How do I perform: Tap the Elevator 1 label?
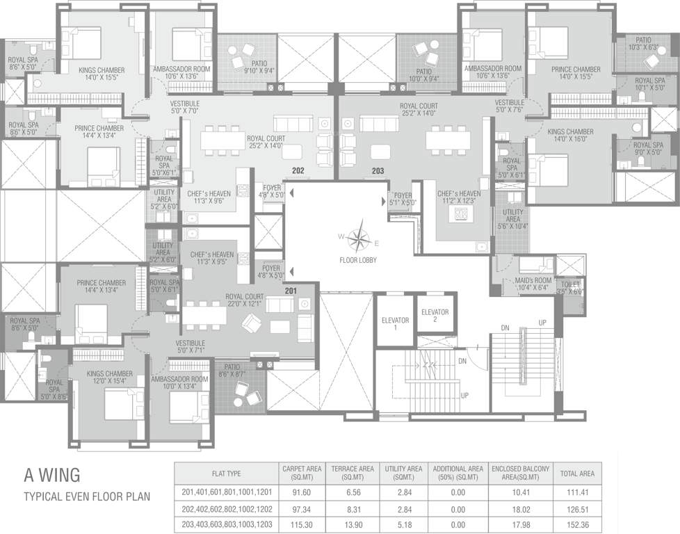(395, 323)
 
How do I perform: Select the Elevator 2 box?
(435, 316)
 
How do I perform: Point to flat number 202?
(298, 170)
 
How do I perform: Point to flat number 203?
(378, 170)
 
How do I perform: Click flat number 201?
(290, 290)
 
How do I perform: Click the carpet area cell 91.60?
(300, 492)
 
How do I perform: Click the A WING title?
(52, 476)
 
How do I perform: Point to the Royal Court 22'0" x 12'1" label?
(244, 300)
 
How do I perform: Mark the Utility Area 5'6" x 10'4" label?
(513, 216)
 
